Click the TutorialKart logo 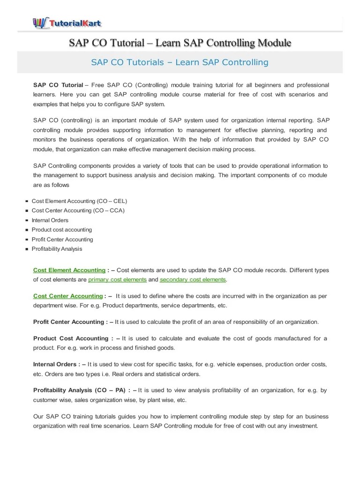pos(67,22)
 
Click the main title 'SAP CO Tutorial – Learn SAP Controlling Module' pos(180,43)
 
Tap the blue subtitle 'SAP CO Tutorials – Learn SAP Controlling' pos(180,62)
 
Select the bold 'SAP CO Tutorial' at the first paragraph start pos(58,85)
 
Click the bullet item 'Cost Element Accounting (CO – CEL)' pos(79,201)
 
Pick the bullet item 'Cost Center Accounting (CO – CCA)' pos(78,210)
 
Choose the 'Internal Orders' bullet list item pos(50,220)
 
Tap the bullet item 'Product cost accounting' pos(62,230)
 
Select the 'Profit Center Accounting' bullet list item pos(62,240)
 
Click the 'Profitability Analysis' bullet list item pos(57,249)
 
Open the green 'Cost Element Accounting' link pos(69,270)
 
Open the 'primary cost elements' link pos(117,280)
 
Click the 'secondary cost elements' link pos(193,280)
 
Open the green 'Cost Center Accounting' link pos(68,296)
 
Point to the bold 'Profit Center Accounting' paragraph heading pos(70,322)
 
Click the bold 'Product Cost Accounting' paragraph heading pos(71,338)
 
